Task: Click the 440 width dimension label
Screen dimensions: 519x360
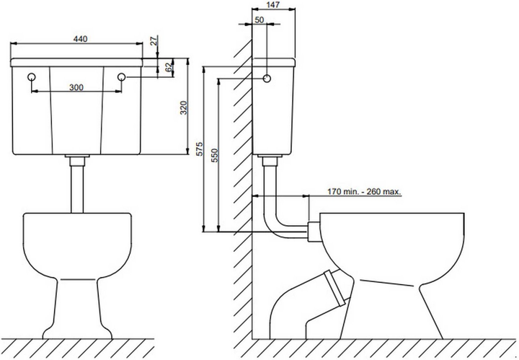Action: click(x=80, y=39)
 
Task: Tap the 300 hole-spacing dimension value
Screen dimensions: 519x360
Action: click(x=76, y=87)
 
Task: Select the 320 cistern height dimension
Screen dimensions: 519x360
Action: click(x=184, y=107)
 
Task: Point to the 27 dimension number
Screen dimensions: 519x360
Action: click(x=154, y=40)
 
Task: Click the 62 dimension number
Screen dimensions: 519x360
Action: click(x=169, y=67)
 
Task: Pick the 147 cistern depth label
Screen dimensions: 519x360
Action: click(x=272, y=4)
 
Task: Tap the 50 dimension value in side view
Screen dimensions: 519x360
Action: click(x=259, y=20)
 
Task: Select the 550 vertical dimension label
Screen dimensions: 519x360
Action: click(x=215, y=155)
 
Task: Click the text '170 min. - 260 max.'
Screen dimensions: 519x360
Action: click(x=364, y=191)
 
